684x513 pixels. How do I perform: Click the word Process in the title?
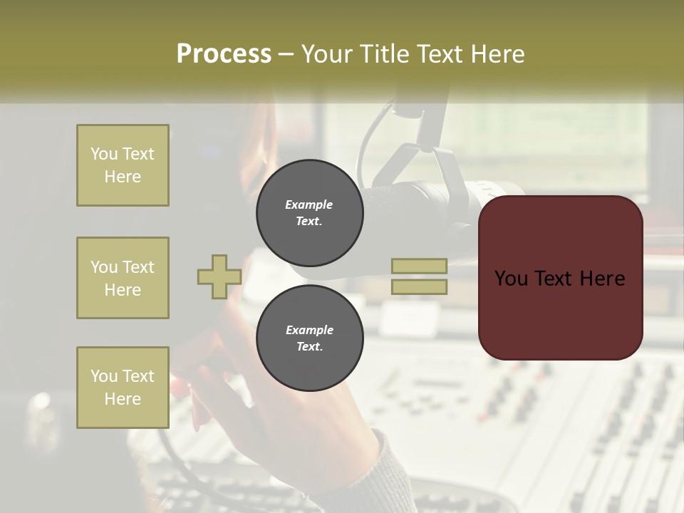tap(224, 54)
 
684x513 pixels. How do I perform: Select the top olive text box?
tap(123, 165)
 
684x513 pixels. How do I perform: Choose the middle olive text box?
tap(123, 278)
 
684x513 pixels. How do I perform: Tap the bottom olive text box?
tap(123, 388)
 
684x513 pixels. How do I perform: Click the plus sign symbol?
tap(219, 276)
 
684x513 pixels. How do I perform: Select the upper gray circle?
tap(309, 213)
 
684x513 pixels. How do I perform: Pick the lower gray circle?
tap(309, 338)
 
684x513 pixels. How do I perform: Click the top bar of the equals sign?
tap(419, 266)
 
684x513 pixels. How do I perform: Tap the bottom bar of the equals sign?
tap(419, 287)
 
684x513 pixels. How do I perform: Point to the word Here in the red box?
tap(601, 279)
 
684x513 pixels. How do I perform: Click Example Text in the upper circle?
tap(309, 213)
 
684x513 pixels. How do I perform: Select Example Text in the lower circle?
tap(309, 338)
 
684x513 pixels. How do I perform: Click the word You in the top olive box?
tap(103, 154)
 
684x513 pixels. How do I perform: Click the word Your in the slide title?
tap(328, 54)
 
